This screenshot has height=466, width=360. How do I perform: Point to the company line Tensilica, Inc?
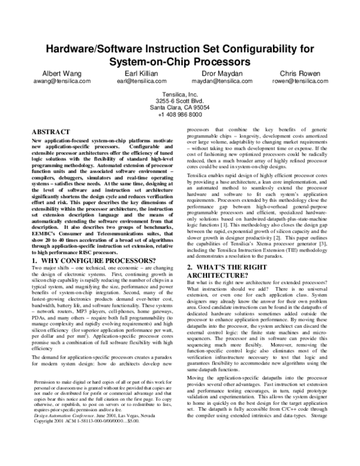[180, 94]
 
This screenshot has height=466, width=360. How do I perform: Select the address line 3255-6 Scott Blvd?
[180, 101]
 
